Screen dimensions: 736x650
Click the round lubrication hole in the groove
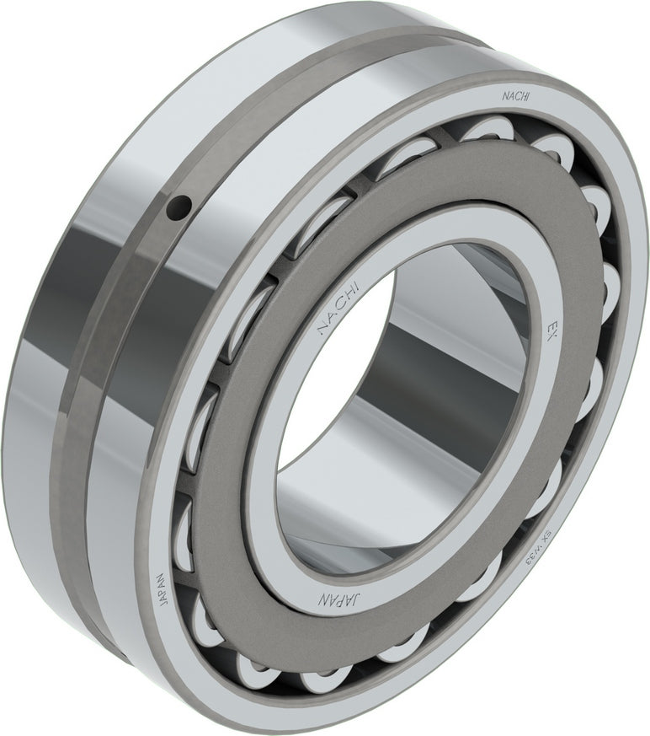(x=178, y=206)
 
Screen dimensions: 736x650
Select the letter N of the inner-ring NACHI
(x=319, y=330)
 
